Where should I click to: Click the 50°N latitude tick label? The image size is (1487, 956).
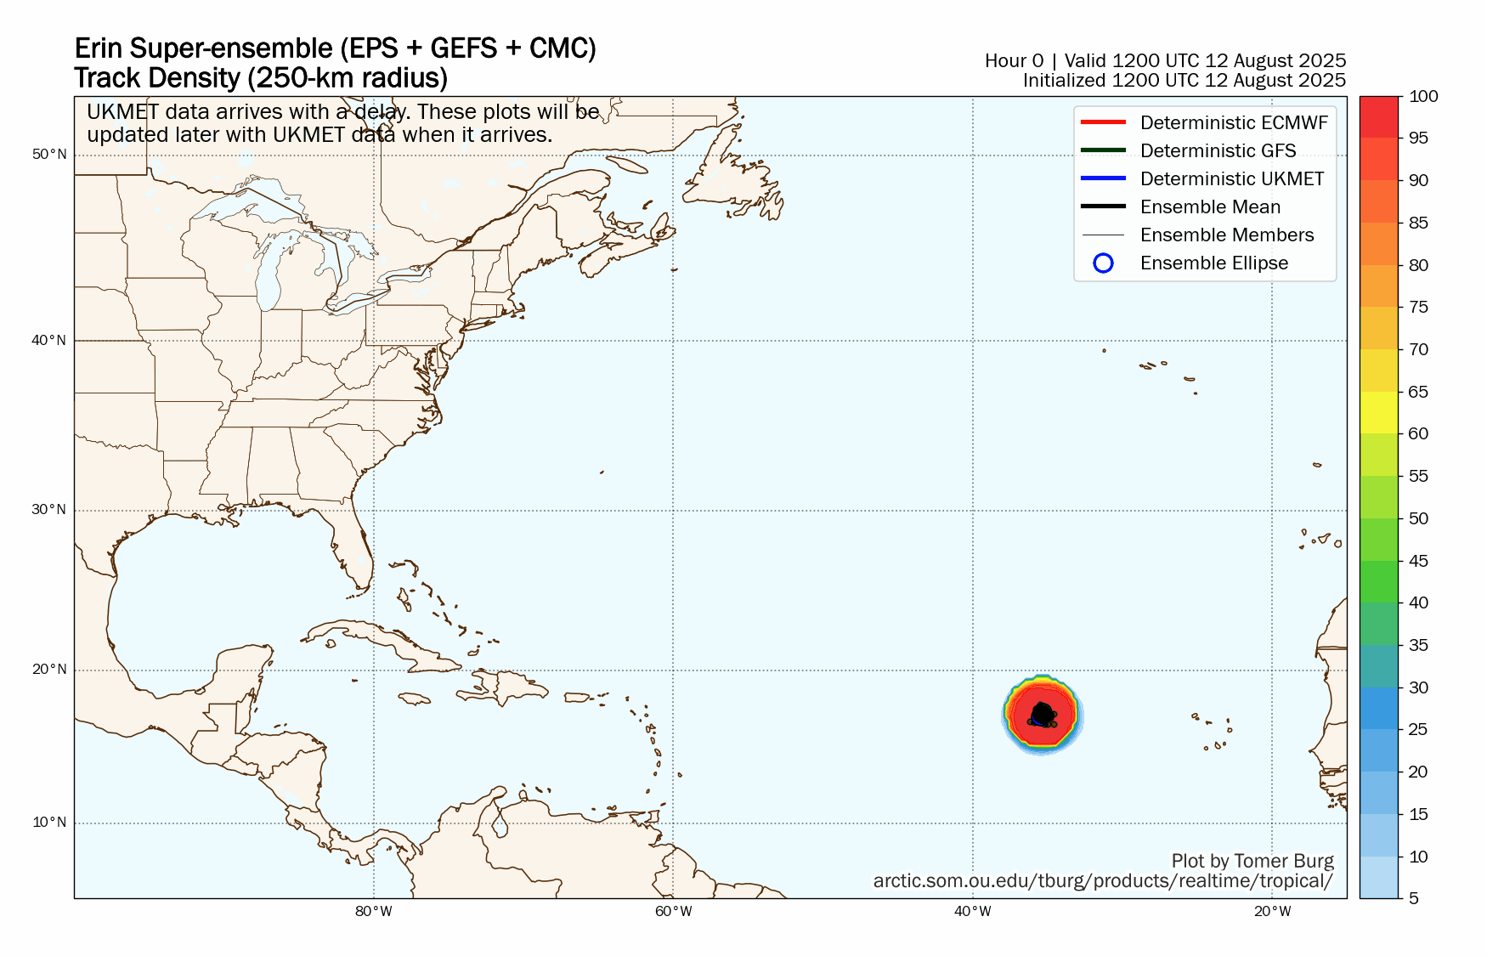[49, 154]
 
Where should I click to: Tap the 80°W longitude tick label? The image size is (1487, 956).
[374, 912]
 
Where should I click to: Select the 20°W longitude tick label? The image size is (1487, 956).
[1272, 912]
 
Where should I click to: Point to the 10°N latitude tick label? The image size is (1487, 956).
[49, 822]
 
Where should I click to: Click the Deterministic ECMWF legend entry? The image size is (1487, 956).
[1233, 122]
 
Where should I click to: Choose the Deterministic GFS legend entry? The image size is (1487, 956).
[1218, 150]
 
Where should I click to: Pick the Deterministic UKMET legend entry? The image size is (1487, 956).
[1231, 178]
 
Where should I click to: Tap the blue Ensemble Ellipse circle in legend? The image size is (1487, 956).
[1103, 263]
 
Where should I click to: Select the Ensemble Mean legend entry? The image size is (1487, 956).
[1209, 206]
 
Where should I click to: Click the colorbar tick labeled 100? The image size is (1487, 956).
[1423, 96]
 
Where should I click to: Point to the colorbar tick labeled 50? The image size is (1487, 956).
[1418, 518]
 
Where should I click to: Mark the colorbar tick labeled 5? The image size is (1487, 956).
[1414, 898]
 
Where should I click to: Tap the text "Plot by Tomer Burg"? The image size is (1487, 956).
[1252, 861]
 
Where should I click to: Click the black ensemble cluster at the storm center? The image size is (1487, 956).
[1043, 716]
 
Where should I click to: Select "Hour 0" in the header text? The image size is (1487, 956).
[1014, 60]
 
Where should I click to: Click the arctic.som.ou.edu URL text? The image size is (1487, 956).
[1102, 881]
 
